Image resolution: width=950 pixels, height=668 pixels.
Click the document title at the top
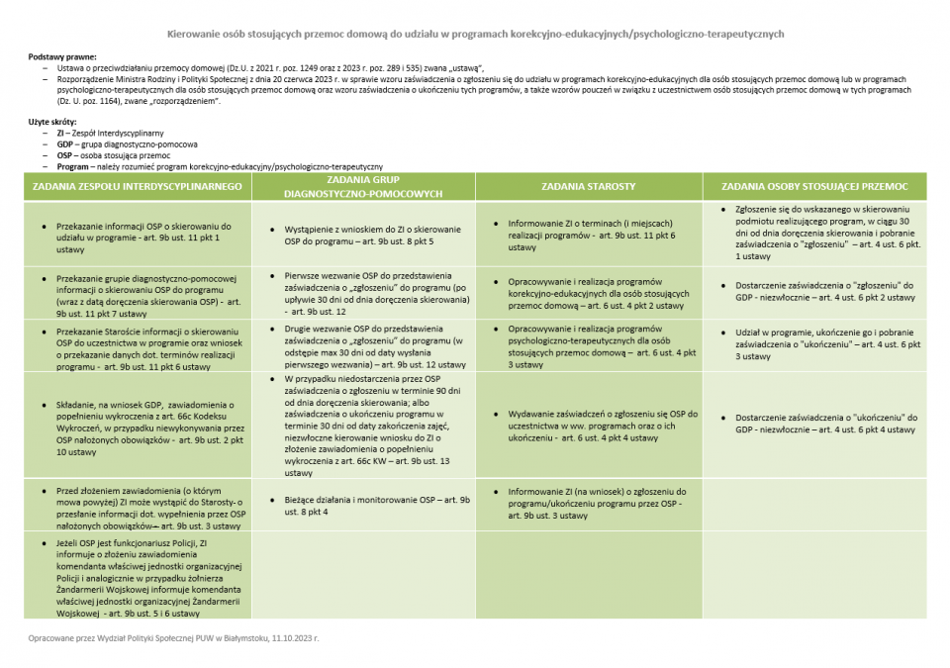475,34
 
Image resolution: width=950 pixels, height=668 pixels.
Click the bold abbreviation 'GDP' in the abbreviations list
65,143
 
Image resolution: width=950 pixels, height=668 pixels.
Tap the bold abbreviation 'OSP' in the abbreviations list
65,155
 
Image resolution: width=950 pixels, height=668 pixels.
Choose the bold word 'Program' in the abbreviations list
73,166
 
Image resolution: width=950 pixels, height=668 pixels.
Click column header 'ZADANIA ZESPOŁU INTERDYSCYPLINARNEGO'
138,186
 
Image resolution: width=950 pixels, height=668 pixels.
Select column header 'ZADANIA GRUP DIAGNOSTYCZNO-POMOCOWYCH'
363,187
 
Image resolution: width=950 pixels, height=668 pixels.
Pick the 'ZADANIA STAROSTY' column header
589,186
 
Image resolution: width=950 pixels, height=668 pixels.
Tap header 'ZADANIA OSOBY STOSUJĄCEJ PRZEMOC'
814,186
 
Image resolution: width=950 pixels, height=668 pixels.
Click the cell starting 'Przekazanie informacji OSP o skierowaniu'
143,238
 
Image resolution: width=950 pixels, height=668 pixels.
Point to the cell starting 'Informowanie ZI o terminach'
592,236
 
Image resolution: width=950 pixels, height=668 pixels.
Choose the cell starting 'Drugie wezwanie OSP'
367,345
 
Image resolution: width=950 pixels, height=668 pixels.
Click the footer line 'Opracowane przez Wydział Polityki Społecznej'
173,638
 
